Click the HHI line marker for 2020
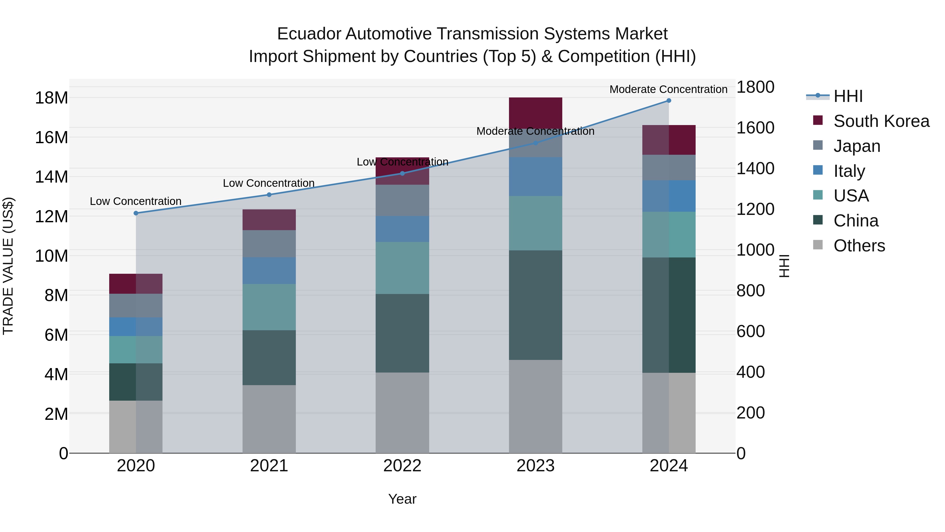tap(136, 213)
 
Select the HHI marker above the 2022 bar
tap(402, 173)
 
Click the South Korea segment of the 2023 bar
tap(535, 112)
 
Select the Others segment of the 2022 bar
tap(402, 413)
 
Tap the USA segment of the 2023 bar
tap(535, 223)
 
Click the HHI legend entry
tap(848, 96)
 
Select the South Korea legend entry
tap(881, 121)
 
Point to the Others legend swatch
tap(818, 245)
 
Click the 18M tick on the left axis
tap(51, 98)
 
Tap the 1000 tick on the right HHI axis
tap(755, 250)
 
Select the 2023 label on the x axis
tap(535, 466)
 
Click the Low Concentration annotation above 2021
tap(269, 183)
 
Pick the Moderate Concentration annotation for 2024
tap(668, 89)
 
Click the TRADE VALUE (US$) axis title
tap(8, 266)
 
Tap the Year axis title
tap(402, 499)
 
